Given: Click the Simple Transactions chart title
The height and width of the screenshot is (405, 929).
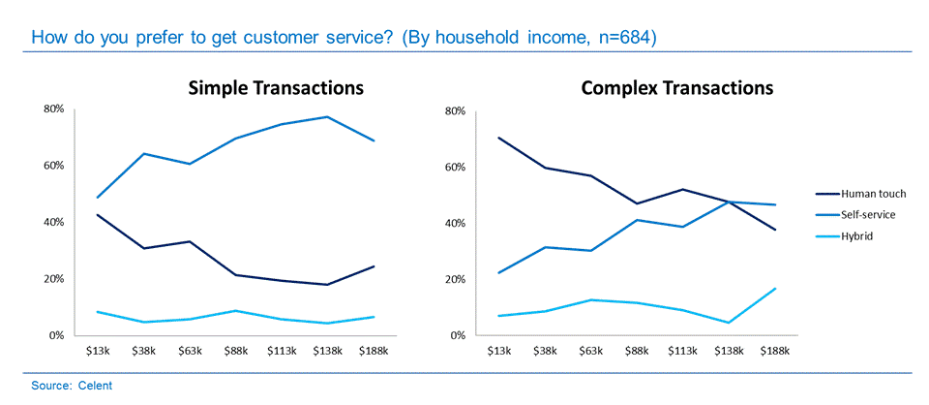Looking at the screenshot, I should pyautogui.click(x=276, y=88).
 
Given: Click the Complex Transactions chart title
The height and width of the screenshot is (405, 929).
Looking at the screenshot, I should pyautogui.click(x=676, y=88).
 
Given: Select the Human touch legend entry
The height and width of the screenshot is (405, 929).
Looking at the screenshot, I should pyautogui.click(x=853, y=194).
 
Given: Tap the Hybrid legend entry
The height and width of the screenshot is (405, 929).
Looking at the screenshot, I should pyautogui.click(x=844, y=234).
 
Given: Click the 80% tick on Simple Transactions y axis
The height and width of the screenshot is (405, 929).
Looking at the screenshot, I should pyautogui.click(x=54, y=109).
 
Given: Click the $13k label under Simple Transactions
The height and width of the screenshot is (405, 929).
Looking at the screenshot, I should pyautogui.click(x=98, y=351).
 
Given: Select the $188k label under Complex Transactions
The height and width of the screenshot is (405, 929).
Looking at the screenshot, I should pyautogui.click(x=775, y=351).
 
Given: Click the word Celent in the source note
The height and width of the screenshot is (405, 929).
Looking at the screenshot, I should pyautogui.click(x=96, y=386).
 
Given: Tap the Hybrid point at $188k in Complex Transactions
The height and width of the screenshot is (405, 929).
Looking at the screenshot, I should pyautogui.click(x=775, y=289).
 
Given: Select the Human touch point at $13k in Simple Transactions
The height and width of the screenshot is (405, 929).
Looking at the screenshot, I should pyautogui.click(x=99, y=214).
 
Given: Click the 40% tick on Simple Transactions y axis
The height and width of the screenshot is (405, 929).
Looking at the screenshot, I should pyautogui.click(x=54, y=222).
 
